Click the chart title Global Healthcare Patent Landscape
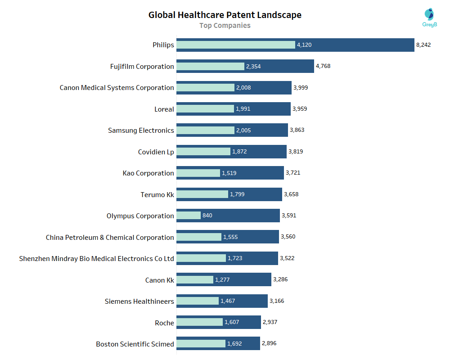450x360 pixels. point(225,15)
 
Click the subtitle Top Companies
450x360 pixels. point(225,26)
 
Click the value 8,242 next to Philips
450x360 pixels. point(423,45)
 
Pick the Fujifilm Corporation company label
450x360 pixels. point(142,67)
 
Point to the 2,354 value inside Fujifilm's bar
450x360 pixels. point(253,67)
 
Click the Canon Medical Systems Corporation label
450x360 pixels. point(117,88)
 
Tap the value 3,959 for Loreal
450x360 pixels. point(300,109)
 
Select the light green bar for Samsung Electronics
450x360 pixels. point(205,130)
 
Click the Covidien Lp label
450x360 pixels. point(156,152)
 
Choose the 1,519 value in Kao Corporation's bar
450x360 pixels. point(229,173)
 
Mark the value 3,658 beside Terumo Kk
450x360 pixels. point(291,194)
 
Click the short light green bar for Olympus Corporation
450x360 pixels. point(188,216)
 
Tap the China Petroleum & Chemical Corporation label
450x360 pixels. point(110,237)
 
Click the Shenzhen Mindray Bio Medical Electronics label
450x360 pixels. point(96,259)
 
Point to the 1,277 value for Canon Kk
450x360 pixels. point(222,280)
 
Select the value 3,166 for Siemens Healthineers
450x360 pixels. point(277,301)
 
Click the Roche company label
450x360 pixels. point(164,323)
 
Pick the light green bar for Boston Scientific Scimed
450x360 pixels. point(200,344)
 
